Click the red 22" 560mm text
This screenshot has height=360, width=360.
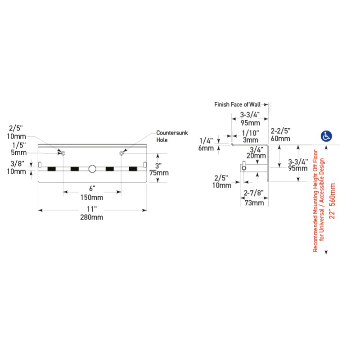point(333,201)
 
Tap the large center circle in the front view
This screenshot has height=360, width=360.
point(92,169)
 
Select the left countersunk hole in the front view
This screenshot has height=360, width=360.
point(63,153)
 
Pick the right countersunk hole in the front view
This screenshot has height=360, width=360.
point(121,153)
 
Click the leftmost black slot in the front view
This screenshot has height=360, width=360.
point(51,169)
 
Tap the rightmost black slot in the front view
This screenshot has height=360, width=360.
point(133,169)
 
